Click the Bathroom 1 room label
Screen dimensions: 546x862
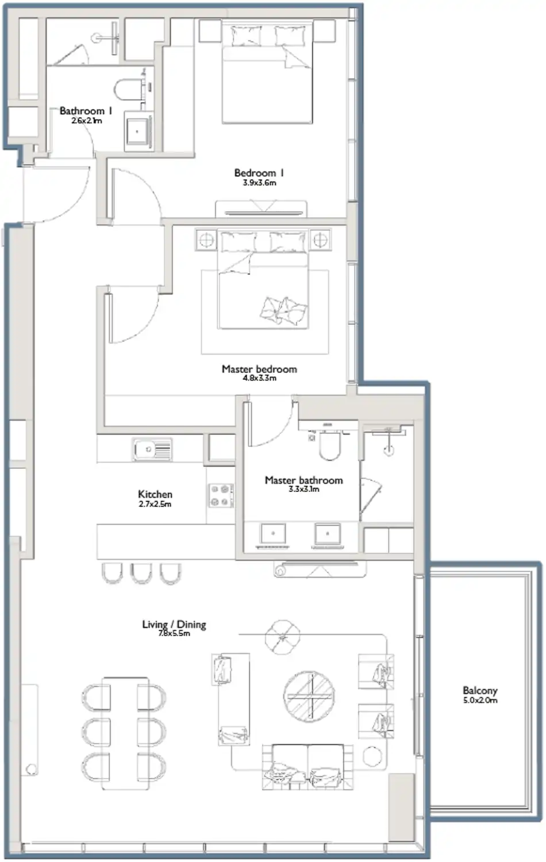point(86,111)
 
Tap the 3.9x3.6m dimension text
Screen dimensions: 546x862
point(259,183)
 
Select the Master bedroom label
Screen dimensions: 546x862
point(259,369)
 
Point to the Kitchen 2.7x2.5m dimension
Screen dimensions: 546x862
point(155,504)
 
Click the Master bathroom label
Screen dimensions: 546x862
point(303,480)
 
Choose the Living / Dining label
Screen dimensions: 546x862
point(174,625)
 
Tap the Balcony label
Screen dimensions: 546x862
point(480,690)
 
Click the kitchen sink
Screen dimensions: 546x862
point(152,449)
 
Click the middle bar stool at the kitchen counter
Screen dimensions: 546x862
point(141,573)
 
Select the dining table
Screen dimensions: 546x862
point(125,734)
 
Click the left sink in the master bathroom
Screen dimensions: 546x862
point(273,533)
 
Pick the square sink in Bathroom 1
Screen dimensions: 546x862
point(137,131)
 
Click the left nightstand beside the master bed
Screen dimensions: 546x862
point(206,240)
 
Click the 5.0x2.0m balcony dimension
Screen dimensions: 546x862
point(480,701)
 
